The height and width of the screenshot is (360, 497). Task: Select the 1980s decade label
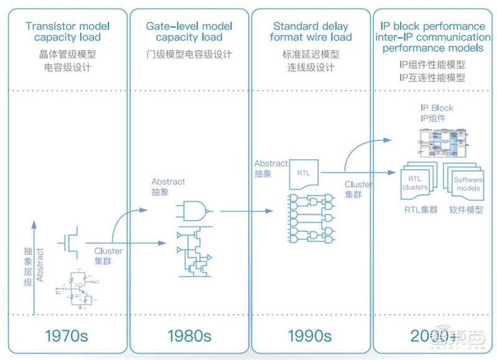(x=189, y=336)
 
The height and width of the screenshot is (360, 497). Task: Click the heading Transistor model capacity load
(x=68, y=32)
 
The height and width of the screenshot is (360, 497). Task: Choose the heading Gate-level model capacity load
(x=189, y=32)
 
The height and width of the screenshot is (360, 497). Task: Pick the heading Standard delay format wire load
(x=311, y=32)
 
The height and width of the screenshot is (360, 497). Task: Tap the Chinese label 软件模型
(x=466, y=210)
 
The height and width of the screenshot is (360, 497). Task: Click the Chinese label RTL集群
(x=418, y=210)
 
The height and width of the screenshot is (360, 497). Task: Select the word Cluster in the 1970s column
(x=108, y=251)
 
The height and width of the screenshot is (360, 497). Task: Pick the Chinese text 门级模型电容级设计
(x=189, y=55)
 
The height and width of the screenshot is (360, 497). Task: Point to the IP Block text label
(x=437, y=108)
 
